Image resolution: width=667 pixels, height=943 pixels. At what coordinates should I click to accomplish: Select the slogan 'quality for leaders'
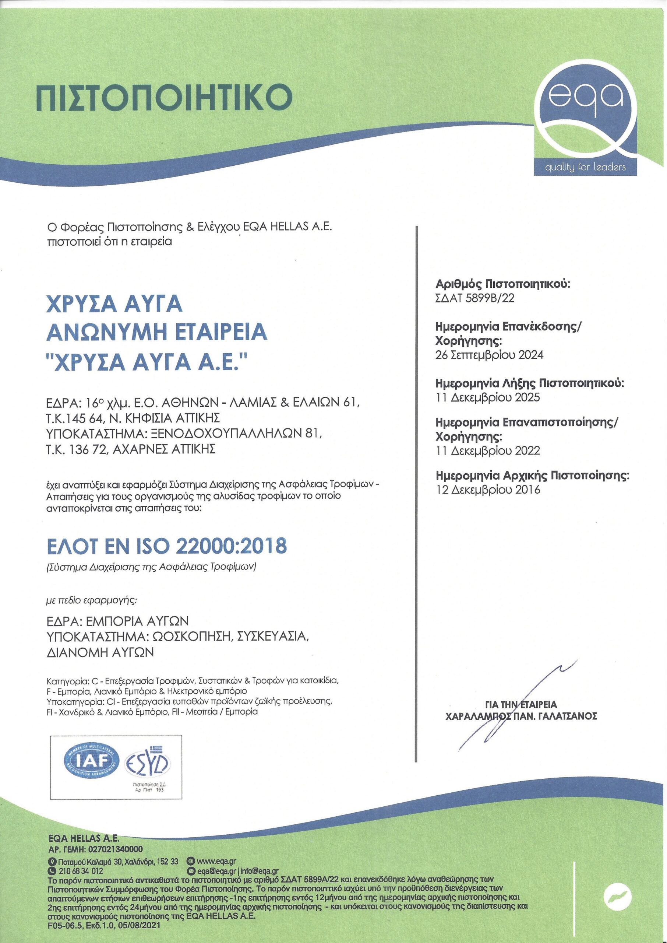coord(585,167)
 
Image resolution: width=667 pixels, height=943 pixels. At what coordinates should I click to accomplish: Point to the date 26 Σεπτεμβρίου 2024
coord(489,355)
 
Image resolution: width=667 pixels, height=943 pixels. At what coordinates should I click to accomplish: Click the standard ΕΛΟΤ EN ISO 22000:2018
coord(166,545)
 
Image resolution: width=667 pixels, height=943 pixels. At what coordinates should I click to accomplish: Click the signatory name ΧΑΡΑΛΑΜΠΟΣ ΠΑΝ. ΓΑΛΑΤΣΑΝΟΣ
coord(521,716)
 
